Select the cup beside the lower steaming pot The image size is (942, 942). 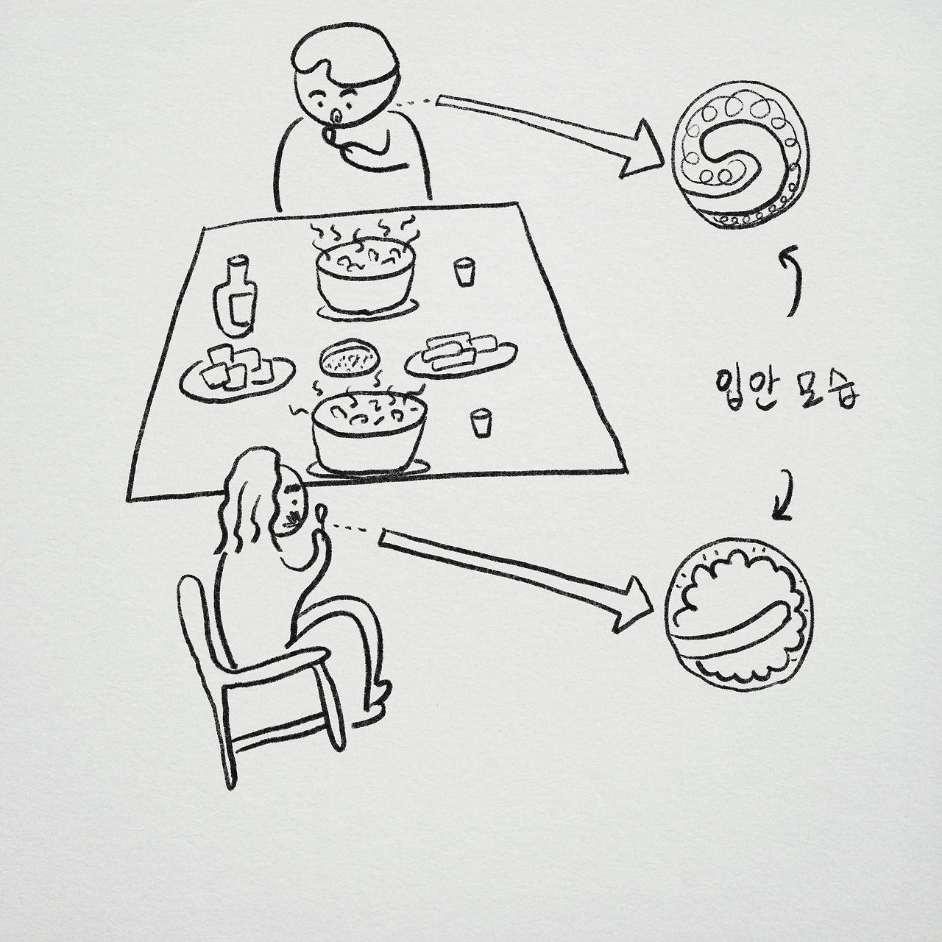(x=480, y=422)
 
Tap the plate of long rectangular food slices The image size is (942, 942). (x=461, y=356)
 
